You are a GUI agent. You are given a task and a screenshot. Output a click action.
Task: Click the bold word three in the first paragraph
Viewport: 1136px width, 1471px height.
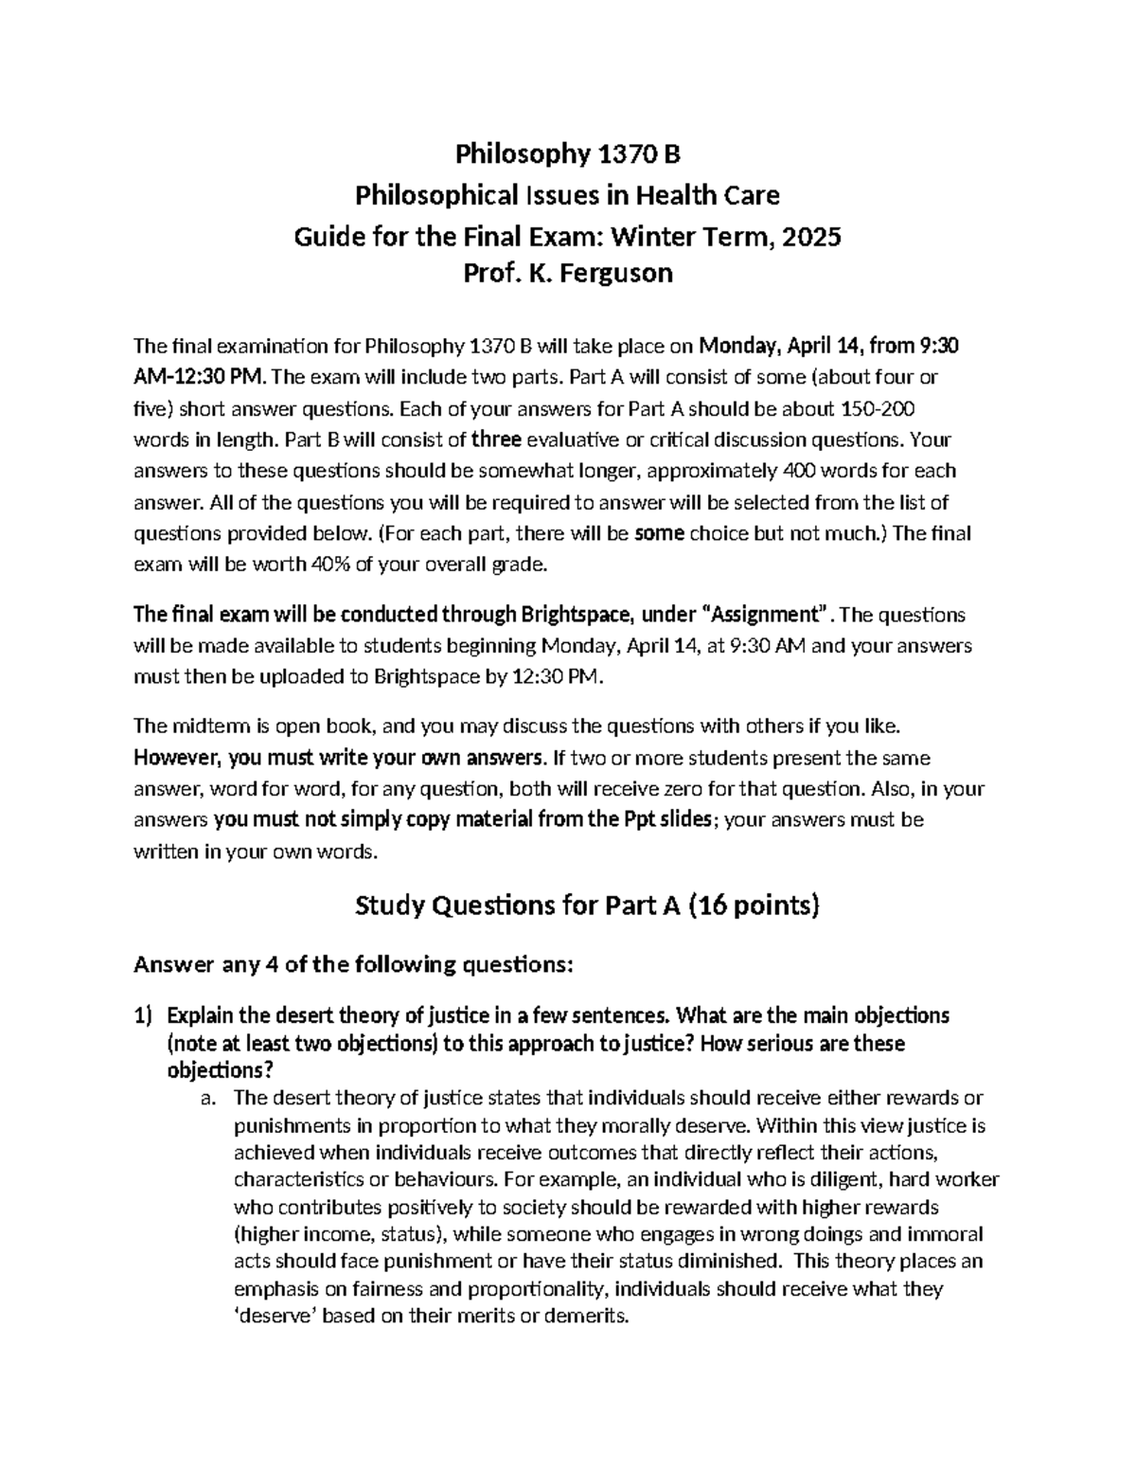pos(496,440)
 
